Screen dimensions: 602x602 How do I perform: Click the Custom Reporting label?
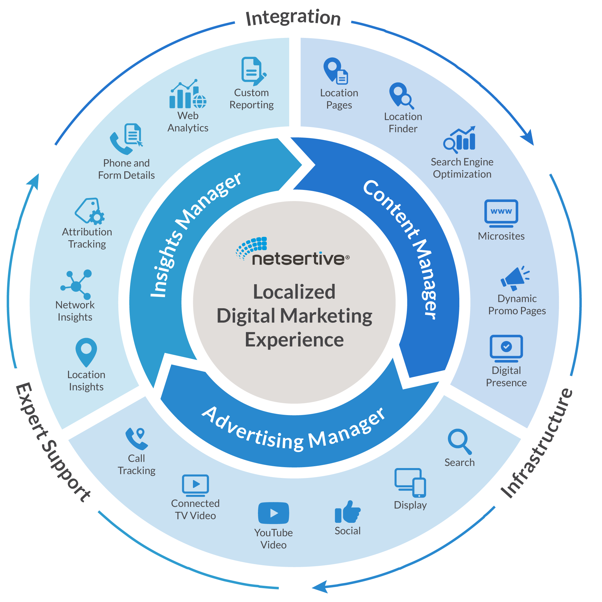click(x=251, y=99)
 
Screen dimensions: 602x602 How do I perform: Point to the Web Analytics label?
click(x=188, y=122)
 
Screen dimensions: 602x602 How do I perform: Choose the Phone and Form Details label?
click(x=126, y=169)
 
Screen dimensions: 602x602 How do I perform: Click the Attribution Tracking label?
click(x=87, y=238)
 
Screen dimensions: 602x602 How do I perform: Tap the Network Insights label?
click(x=75, y=311)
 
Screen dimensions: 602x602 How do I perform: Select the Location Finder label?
click(x=403, y=123)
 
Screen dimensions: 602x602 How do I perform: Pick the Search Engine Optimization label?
click(x=462, y=168)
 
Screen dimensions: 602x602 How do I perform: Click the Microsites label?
click(x=501, y=236)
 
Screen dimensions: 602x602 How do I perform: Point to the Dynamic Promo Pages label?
click(x=517, y=305)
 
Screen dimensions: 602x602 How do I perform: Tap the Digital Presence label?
click(x=506, y=377)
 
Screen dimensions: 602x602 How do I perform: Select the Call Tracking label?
click(x=136, y=464)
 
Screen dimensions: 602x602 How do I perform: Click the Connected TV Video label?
click(x=195, y=510)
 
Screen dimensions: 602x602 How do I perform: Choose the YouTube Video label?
click(x=273, y=539)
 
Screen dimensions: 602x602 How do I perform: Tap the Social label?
click(x=347, y=531)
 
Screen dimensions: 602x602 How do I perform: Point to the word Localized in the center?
click(x=294, y=292)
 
